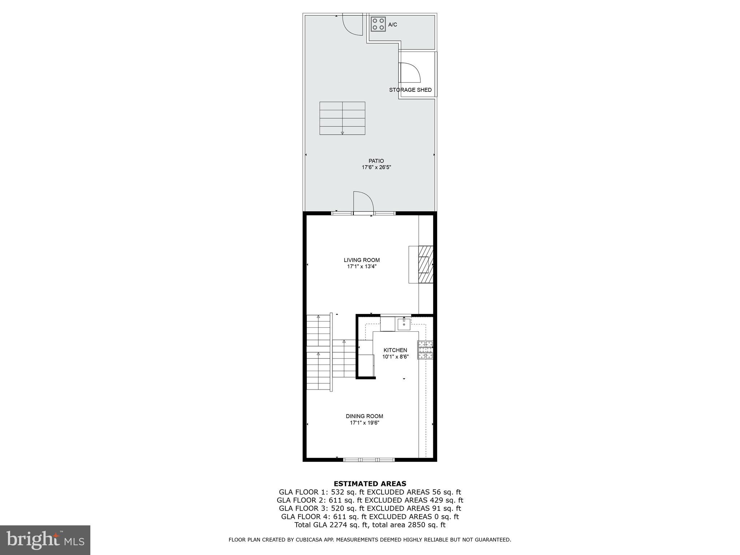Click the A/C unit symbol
pos(378,24)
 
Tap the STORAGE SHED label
pos(410,90)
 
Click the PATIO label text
pos(376,161)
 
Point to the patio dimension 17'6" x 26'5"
pos(376,167)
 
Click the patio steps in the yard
pos(342,118)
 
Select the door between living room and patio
pos(363,203)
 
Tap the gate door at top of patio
pos(352,25)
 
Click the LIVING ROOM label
pos(362,260)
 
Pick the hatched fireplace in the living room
pos(426,264)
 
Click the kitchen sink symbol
pos(404,324)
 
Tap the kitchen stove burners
pos(425,350)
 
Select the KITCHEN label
pos(395,350)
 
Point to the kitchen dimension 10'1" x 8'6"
pos(395,357)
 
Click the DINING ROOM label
pos(364,416)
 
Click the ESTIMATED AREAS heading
pos(370,483)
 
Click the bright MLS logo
pos(45,540)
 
